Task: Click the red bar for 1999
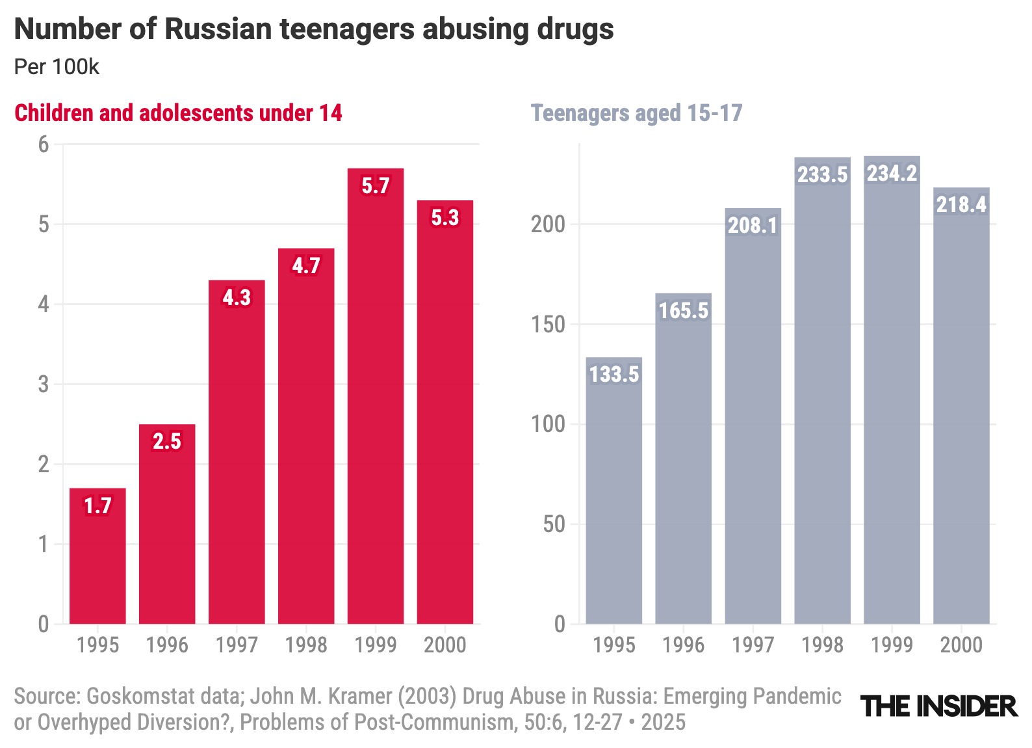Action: point(375,397)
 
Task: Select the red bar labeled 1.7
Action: point(97,556)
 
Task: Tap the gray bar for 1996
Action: point(683,459)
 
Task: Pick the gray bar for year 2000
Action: point(961,406)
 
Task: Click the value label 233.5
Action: point(822,174)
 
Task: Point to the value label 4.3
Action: point(237,297)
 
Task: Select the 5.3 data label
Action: point(445,217)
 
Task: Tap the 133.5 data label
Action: point(614,374)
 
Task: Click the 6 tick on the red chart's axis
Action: point(44,144)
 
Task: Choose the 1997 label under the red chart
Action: point(237,645)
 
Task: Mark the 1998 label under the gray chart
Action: point(822,645)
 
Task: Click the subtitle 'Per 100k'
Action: point(57,66)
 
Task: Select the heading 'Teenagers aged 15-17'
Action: point(636,113)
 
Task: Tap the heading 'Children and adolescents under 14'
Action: point(178,113)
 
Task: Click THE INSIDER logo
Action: point(938,706)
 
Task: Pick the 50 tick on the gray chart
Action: point(554,524)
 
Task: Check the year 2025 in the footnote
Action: point(663,722)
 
